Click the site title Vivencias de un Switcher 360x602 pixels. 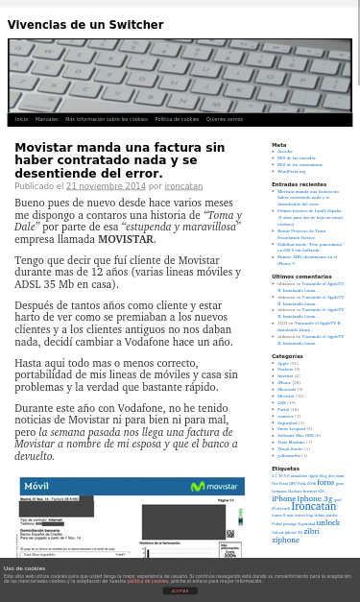click(85, 25)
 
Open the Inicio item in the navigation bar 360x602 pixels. click(21, 119)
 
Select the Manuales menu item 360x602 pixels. click(46, 119)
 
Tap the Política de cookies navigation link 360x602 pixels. click(177, 119)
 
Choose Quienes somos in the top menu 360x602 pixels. click(224, 119)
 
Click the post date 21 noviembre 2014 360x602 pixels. click(106, 186)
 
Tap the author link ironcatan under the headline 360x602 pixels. click(183, 186)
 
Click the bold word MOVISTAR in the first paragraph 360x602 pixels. click(126, 239)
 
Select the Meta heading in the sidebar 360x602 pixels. click(278, 145)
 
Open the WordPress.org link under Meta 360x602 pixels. click(291, 171)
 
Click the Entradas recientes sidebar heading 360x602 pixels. click(299, 184)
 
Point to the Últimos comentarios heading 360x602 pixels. click(301, 277)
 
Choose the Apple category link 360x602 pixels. click(282, 363)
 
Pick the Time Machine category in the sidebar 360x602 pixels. click(291, 442)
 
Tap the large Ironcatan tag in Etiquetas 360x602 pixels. click(314, 507)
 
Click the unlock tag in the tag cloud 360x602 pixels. click(327, 522)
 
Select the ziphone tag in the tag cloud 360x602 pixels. click(285, 540)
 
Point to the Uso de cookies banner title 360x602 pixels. click(24, 568)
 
